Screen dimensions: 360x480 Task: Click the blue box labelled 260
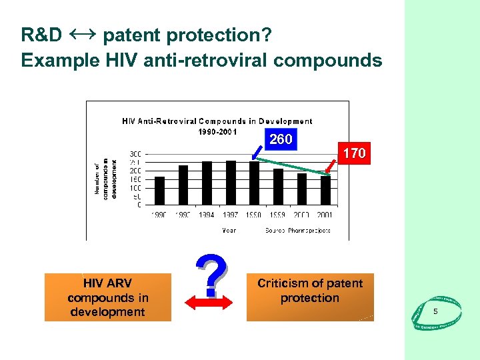(x=281, y=139)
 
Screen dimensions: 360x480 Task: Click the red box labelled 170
(x=353, y=153)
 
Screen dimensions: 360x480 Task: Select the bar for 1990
(x=160, y=191)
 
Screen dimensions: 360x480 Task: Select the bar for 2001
(x=325, y=190)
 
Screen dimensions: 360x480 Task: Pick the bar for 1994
(x=207, y=183)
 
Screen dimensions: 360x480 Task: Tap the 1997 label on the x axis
(x=231, y=215)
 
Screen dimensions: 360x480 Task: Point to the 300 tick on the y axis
(x=135, y=153)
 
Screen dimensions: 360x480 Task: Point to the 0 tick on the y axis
(x=139, y=205)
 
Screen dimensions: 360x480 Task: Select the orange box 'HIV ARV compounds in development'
(x=107, y=297)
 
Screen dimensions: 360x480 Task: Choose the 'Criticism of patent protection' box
(x=310, y=297)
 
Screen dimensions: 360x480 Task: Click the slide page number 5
(x=435, y=312)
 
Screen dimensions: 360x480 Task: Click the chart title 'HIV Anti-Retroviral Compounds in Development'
(x=217, y=121)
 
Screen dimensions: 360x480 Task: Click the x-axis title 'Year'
(x=229, y=230)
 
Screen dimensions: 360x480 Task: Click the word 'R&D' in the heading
(x=41, y=35)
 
